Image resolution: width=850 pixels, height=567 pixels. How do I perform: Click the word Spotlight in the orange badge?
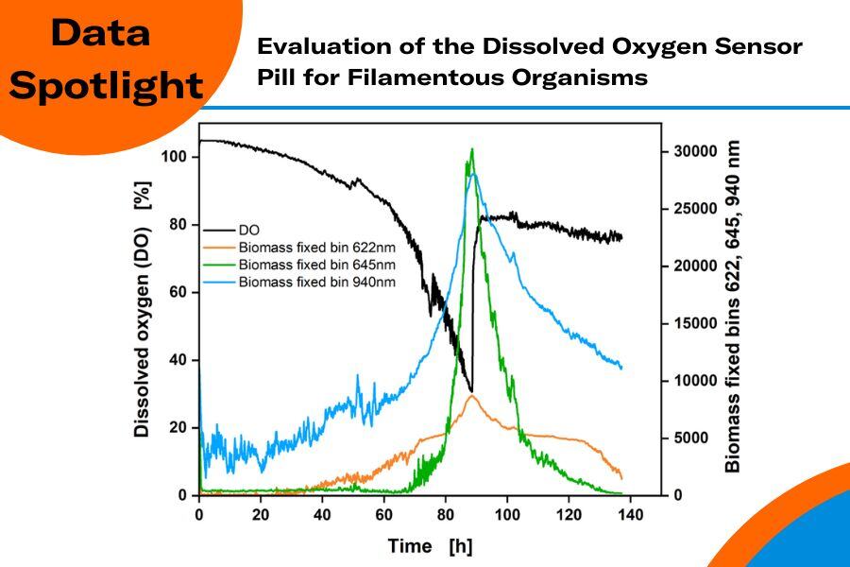[111, 85]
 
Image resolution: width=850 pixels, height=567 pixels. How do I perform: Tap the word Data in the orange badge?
[100, 33]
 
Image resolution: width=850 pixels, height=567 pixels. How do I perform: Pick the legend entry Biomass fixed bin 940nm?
[313, 282]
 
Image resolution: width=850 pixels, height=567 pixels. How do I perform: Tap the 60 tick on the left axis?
[177, 292]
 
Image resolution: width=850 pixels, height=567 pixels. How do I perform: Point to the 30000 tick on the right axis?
[694, 151]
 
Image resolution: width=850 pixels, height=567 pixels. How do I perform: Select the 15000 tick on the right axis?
[694, 323]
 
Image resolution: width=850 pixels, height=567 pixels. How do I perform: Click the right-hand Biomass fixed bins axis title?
[733, 307]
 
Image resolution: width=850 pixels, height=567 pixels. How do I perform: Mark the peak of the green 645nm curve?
[471, 150]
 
